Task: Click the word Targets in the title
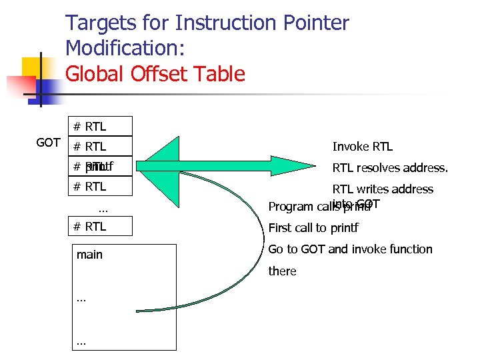pyautogui.click(x=99, y=24)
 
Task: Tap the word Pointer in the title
pyautogui.click(x=316, y=24)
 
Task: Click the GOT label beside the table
pyautogui.click(x=49, y=143)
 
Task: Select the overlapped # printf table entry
pyautogui.click(x=100, y=166)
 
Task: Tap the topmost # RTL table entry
pyautogui.click(x=100, y=126)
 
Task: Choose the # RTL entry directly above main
pyautogui.click(x=100, y=226)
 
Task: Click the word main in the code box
pyautogui.click(x=90, y=254)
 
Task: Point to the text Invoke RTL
pyautogui.click(x=363, y=147)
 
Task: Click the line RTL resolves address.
pyautogui.click(x=390, y=167)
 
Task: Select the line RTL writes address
pyautogui.click(x=383, y=189)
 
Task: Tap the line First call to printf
pyautogui.click(x=313, y=228)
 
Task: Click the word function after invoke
pyautogui.click(x=408, y=249)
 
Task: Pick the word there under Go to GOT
pyautogui.click(x=282, y=271)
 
